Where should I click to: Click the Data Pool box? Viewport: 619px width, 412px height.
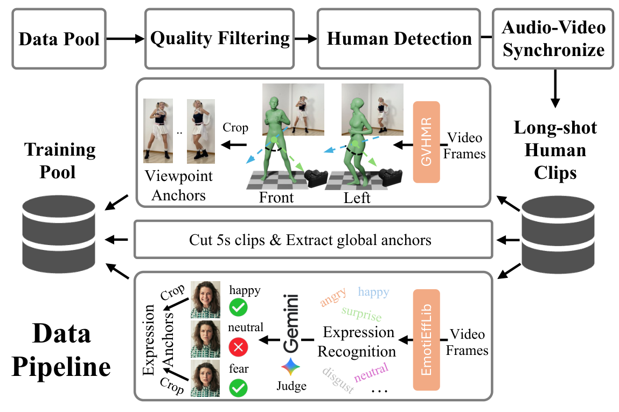coord(59,39)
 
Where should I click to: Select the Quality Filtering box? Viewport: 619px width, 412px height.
coord(220,39)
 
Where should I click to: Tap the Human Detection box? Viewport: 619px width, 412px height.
coord(399,39)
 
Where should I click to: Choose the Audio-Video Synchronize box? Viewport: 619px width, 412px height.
coord(553,39)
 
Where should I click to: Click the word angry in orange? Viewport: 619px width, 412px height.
coord(333,297)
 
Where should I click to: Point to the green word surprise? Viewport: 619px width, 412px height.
coord(361,315)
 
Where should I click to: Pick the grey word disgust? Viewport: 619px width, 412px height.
coord(338,380)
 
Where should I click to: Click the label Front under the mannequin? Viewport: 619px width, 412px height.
coord(276,198)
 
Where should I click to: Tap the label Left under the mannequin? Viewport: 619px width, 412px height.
coord(357,198)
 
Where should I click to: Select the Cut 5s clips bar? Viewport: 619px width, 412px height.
coord(310,239)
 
